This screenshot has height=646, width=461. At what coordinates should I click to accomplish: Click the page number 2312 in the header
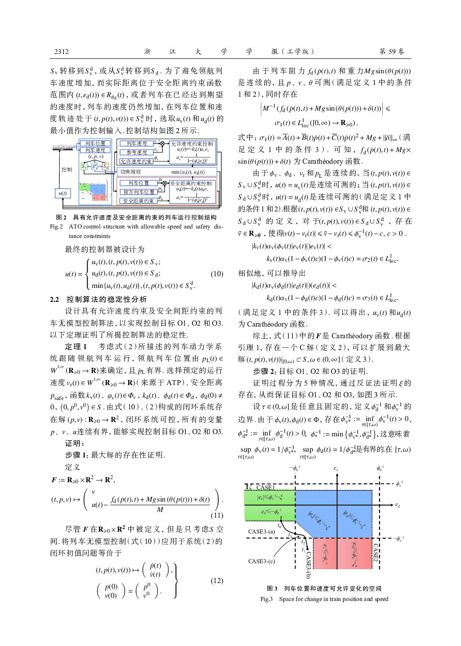pyautogui.click(x=62, y=52)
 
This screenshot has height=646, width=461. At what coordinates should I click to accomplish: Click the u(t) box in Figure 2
pyautogui.click(x=63, y=193)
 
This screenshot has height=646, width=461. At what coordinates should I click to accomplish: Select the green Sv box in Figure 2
pyautogui.click(x=84, y=166)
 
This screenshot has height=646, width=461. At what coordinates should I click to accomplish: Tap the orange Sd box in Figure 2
pyautogui.click(x=105, y=166)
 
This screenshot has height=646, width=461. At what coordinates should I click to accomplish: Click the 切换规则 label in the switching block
pyautogui.click(x=130, y=172)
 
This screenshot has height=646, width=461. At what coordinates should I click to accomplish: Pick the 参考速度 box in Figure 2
pyautogui.click(x=137, y=153)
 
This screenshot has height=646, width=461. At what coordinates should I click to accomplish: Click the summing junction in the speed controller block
pyautogui.click(x=162, y=144)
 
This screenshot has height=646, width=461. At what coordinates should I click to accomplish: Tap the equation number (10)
pyautogui.click(x=217, y=274)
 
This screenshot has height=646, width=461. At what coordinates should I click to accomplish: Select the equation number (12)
pyautogui.click(x=217, y=580)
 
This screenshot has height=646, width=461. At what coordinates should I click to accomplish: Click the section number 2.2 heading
pyautogui.click(x=54, y=299)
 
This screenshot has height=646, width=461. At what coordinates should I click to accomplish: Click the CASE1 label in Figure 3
pyautogui.click(x=265, y=487)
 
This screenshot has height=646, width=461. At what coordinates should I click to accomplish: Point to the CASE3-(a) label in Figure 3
pyautogui.click(x=261, y=531)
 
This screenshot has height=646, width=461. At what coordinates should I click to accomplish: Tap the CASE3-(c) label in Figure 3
pyautogui.click(x=261, y=561)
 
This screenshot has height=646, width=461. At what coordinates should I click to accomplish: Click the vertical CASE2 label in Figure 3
pyautogui.click(x=376, y=552)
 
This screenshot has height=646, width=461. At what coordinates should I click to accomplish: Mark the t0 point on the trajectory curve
pyautogui.click(x=280, y=525)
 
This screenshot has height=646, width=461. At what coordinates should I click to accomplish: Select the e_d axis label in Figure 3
pyautogui.click(x=398, y=505)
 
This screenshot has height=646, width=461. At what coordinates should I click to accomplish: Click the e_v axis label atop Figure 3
pyautogui.click(x=336, y=469)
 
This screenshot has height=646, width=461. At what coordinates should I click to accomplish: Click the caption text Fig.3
pyautogui.click(x=266, y=599)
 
